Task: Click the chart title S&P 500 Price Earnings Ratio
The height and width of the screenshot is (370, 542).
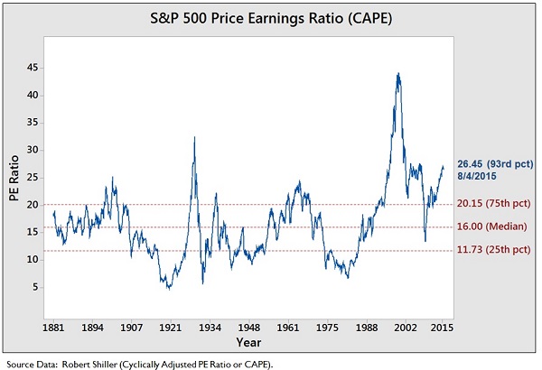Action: point(271,17)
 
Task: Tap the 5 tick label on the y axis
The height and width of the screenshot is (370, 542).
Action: point(33,287)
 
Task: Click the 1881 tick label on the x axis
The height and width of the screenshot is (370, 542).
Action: point(53,325)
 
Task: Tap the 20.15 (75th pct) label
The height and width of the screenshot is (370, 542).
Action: point(494,205)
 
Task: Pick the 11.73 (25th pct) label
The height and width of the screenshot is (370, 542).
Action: point(494,251)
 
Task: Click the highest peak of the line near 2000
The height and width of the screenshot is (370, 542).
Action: point(398,73)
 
